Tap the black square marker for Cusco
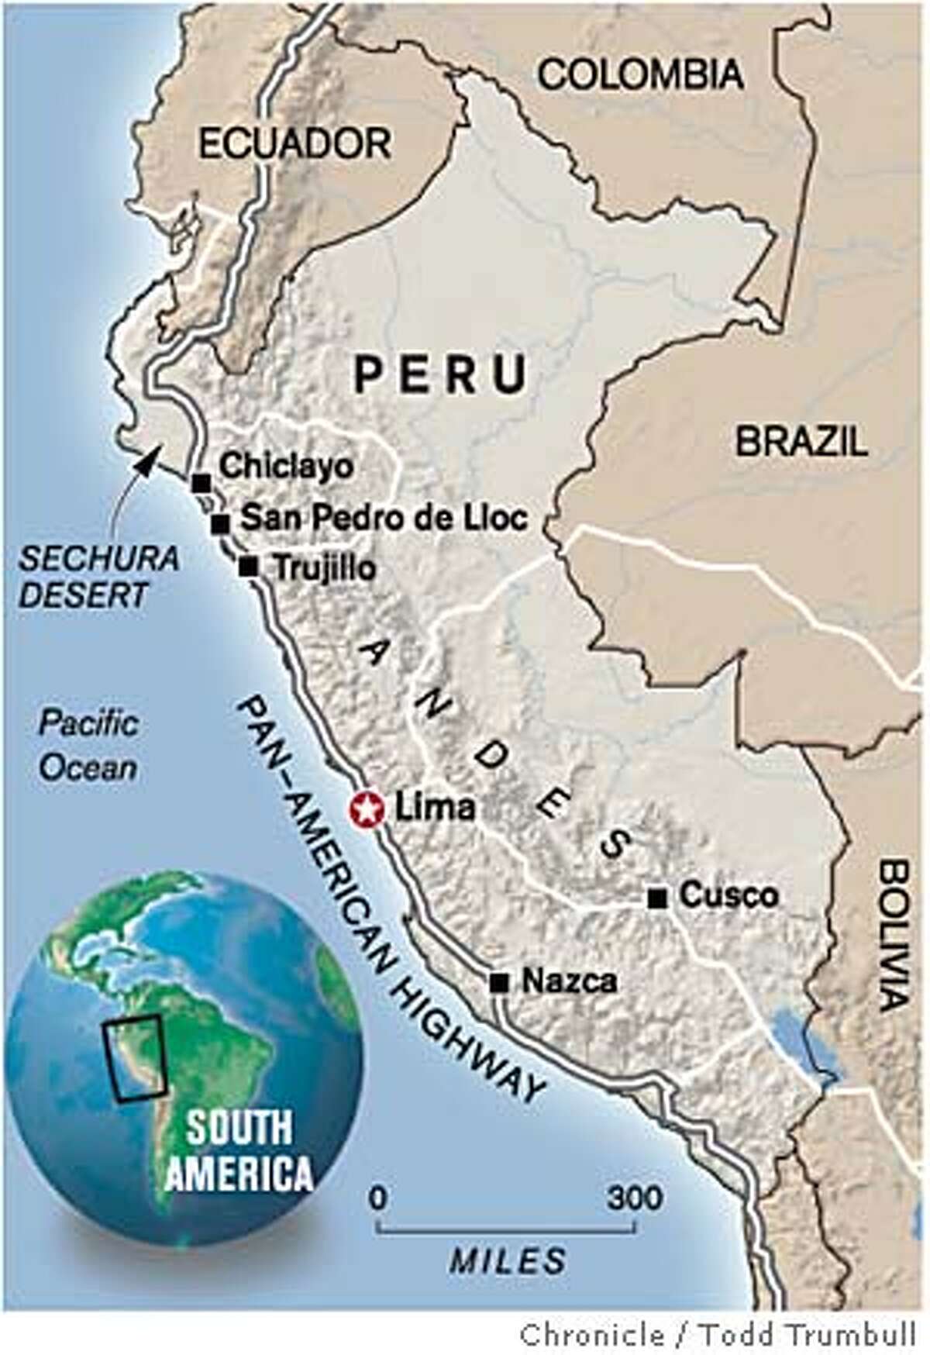(658, 898)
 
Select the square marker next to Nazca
(499, 983)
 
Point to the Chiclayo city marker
(201, 482)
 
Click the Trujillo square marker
(248, 567)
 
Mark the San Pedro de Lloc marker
(221, 523)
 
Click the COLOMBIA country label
(641, 75)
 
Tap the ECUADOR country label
(294, 143)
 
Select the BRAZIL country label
(801, 442)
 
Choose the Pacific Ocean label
(88, 746)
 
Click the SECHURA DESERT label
(99, 577)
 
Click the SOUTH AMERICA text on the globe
(240, 1151)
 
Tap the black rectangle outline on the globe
(136, 1058)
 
